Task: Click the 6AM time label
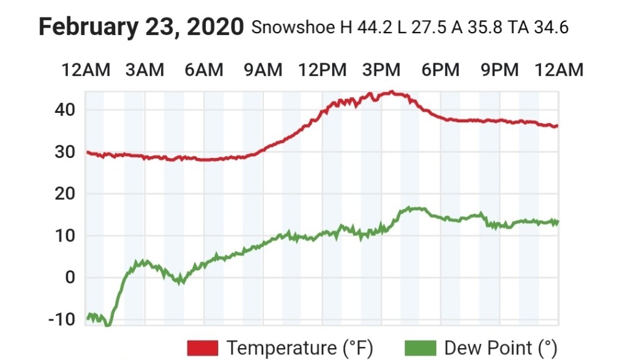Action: pyautogui.click(x=204, y=70)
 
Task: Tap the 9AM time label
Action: pyautogui.click(x=263, y=70)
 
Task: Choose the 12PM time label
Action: pyautogui.click(x=322, y=70)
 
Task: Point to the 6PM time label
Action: pyautogui.click(x=441, y=70)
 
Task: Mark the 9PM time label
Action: pyautogui.click(x=500, y=70)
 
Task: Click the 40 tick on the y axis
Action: pyautogui.click(x=63, y=110)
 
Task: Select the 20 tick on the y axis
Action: pyautogui.click(x=63, y=194)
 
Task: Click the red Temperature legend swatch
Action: pyautogui.click(x=203, y=347)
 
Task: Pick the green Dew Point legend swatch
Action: pyautogui.click(x=421, y=347)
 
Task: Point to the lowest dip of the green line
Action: pyautogui.click(x=108, y=325)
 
